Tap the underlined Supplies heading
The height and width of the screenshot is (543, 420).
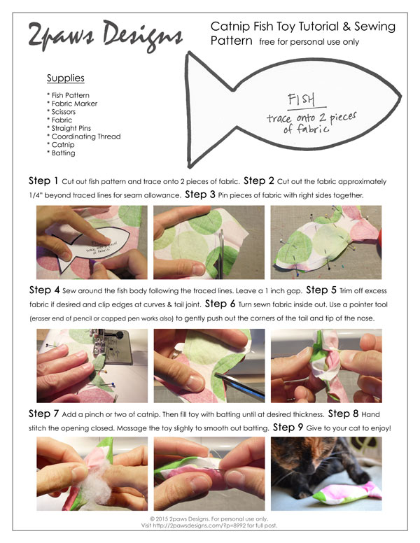[x=66, y=78]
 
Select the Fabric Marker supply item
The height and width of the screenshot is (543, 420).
[x=72, y=104]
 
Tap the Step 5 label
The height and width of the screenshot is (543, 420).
[x=322, y=290]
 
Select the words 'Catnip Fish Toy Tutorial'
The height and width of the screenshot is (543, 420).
[x=280, y=26]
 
